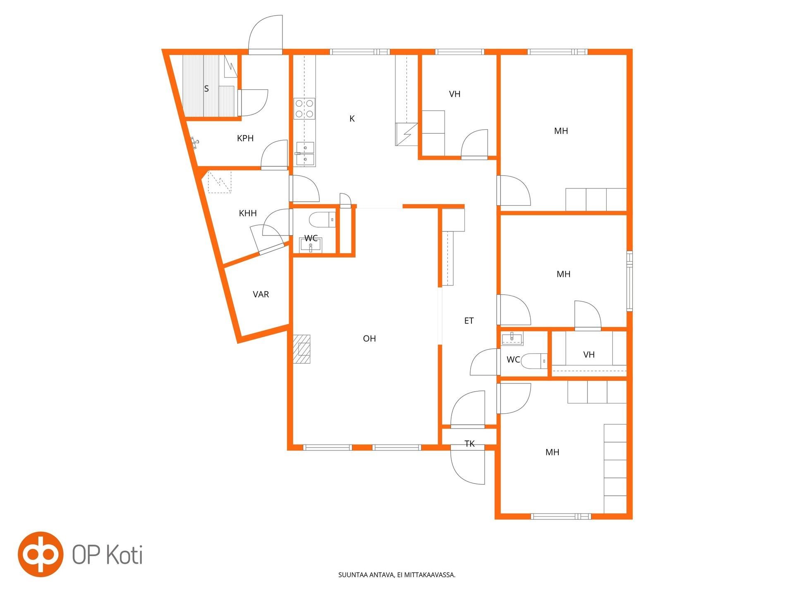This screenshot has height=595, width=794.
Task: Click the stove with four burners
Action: [x=304, y=108]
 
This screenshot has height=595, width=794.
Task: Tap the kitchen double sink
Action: [x=305, y=154]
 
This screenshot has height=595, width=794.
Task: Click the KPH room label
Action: [x=245, y=138]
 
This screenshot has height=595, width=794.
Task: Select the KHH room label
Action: [x=248, y=213]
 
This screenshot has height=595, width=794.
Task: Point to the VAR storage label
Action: [x=261, y=294]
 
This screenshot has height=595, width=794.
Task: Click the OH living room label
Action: [x=369, y=338]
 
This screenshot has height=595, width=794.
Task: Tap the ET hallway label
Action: [x=469, y=321]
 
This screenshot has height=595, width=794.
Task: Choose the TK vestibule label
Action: [x=469, y=444]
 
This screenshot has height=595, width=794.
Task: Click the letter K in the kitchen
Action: [x=352, y=119]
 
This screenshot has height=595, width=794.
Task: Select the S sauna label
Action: [x=206, y=89]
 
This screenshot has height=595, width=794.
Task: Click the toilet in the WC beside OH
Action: [x=322, y=219]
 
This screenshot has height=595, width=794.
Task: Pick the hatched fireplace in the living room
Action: [x=302, y=349]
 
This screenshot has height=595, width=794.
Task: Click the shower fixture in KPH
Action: [x=195, y=143]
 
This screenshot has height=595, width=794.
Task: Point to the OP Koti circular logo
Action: [x=41, y=554]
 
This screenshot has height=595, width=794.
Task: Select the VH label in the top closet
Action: [x=454, y=94]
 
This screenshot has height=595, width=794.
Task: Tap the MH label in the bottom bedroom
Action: [x=552, y=452]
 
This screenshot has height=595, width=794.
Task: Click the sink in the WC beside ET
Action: [x=512, y=338]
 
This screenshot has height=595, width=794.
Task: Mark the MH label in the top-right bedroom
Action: [x=561, y=131]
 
